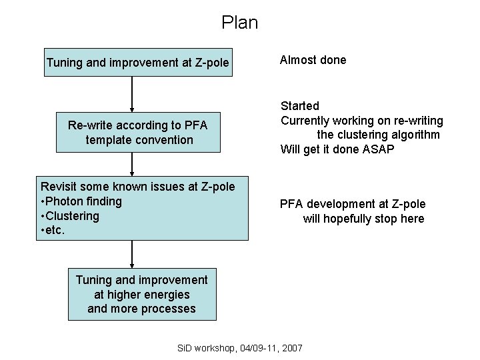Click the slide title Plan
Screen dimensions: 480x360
pos(239,23)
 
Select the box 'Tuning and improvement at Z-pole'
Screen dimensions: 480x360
pos(138,63)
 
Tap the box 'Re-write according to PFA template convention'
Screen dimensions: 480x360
pos(138,133)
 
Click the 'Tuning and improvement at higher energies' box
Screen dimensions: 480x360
pos(141,294)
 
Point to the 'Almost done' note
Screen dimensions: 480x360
pos(313,60)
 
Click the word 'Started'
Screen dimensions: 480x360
pos(300,106)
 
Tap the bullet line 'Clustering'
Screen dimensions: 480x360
pos(72,216)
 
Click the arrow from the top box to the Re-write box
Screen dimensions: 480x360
pos(132,94)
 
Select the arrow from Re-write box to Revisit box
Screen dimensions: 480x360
pos(132,163)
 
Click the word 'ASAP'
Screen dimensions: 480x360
pos(379,149)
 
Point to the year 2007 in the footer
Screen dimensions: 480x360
pos(291,348)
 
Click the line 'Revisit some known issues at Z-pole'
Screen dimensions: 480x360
pos(138,187)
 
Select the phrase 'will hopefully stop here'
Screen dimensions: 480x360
pos(363,219)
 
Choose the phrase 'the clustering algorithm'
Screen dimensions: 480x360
pos(378,135)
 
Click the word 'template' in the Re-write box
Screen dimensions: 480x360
pos(109,140)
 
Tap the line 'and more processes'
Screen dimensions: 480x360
pos(141,309)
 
